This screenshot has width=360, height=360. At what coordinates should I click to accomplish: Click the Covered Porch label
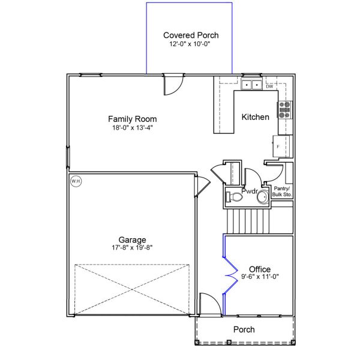(x=191, y=35)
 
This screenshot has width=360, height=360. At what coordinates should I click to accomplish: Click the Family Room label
(x=128, y=119)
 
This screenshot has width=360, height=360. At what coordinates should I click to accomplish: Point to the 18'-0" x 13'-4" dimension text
(x=128, y=127)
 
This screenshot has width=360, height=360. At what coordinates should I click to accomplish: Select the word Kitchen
(x=255, y=117)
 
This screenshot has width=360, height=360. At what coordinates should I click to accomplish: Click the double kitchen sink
(x=251, y=85)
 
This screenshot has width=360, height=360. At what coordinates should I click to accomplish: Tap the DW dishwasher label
(x=269, y=86)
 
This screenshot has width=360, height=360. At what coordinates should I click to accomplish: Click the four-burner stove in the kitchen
(x=284, y=110)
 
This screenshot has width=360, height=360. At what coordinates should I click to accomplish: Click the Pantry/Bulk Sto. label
(x=282, y=191)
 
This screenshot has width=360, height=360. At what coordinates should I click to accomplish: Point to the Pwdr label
(x=249, y=191)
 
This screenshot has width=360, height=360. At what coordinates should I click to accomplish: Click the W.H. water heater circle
(x=76, y=181)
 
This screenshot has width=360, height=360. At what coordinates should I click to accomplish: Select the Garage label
(x=132, y=239)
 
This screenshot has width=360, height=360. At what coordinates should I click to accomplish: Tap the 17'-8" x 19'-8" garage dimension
(x=132, y=248)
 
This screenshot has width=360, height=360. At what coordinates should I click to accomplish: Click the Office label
(x=259, y=269)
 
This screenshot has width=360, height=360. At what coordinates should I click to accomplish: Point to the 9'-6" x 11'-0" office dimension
(x=259, y=277)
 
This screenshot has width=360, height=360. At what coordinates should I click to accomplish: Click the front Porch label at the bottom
(x=244, y=329)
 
